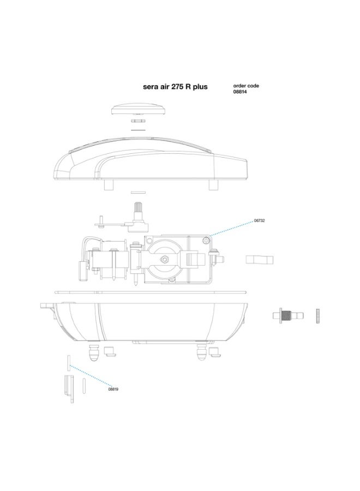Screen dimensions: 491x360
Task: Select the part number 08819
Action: coord(113,389)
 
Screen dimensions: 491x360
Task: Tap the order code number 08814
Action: coord(241,92)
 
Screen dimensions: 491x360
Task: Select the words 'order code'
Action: coord(246,86)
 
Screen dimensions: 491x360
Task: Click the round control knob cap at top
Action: coord(138,107)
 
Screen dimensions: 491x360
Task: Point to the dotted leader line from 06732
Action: coord(232,228)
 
